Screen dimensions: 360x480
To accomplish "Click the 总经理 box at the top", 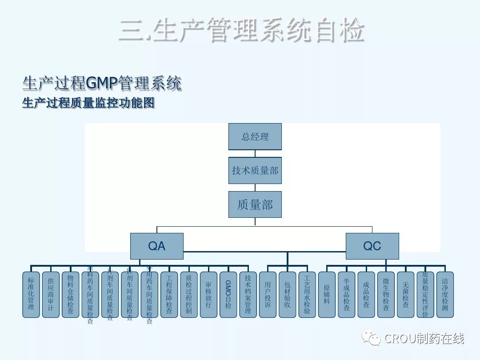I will pos(255,136).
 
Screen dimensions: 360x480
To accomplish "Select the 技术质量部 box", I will pos(255,170).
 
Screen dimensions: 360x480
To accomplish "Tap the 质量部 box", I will pos(255,204).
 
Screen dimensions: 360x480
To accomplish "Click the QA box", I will pos(156,246).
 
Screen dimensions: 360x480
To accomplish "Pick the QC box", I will pos(372,246).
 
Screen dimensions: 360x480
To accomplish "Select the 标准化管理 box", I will pos(31,294).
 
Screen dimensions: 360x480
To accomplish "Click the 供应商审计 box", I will pos(51,294).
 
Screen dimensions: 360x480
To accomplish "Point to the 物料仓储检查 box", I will pos(70,294).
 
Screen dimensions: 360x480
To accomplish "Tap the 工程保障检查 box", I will pos(169,294).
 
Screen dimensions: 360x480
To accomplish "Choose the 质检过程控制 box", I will pos(188,294).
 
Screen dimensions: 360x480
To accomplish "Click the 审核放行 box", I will pos(208,294).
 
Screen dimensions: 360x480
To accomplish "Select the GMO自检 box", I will pos(228,294).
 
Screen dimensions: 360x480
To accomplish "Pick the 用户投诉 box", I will pos(268,294).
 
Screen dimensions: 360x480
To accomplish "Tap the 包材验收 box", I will pos(287,294).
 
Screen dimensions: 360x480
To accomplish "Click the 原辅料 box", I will pos(327,294).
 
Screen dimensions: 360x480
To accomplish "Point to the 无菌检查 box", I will pos(405,294).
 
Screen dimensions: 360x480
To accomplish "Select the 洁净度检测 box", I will pos(445,294).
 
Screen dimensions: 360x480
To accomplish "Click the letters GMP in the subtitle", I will pos(100,83).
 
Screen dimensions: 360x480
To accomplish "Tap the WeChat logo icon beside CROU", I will pos(371,338).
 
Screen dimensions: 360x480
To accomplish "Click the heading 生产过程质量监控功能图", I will pos(88,103).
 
